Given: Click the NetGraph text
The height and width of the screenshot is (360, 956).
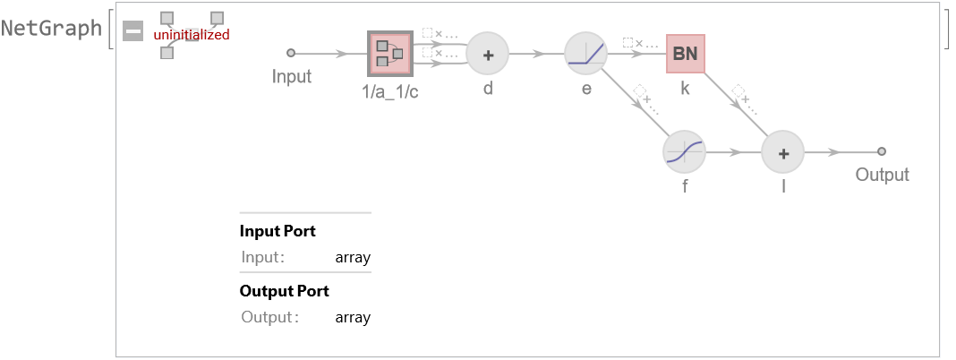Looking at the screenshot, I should point(52,28).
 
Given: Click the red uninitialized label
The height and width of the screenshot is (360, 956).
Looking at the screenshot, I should point(192,35).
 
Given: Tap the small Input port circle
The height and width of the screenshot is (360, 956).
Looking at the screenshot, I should point(290,54).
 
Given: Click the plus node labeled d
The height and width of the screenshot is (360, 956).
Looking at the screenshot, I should point(488,54).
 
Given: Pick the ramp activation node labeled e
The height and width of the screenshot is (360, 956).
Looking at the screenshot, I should point(586,54).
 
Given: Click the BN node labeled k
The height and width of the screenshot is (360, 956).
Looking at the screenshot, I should point(686,54).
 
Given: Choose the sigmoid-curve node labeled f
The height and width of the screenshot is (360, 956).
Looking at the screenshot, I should point(685,152).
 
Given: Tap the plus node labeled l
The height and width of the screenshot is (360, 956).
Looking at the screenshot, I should point(783,152).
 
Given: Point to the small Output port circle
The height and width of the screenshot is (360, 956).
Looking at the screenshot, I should point(882,152).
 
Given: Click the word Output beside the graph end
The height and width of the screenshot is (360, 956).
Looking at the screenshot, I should point(882,175).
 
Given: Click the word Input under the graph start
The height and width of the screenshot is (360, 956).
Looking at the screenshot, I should point(292,76).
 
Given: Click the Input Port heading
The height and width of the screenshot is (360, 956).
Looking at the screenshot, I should point(277,231).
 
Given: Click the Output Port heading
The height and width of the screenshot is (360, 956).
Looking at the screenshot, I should point(284,291).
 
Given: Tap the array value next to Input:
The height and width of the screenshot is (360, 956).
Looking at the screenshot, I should point(353,258).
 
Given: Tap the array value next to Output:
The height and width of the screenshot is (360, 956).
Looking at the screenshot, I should point(353,317).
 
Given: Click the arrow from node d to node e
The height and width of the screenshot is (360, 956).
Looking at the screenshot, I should point(537,54).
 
